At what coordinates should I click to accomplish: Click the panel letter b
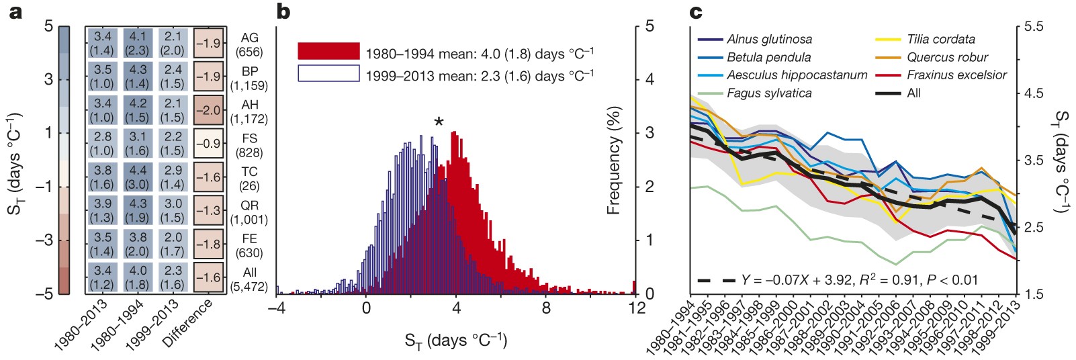[283, 11]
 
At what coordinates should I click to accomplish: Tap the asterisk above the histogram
[439, 122]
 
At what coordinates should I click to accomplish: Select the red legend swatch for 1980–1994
[328, 51]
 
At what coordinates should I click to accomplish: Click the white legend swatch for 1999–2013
[328, 73]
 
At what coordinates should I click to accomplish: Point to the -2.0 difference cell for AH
[208, 109]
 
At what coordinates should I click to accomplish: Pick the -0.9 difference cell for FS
[208, 143]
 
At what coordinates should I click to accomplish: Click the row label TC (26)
[249, 179]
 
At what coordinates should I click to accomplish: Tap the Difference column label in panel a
[189, 323]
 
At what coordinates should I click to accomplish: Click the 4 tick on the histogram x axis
[456, 308]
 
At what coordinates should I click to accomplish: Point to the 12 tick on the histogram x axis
[636, 308]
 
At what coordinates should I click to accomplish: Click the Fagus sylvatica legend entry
[769, 93]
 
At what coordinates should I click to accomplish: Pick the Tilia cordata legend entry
[940, 40]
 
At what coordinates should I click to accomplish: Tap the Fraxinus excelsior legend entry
[956, 75]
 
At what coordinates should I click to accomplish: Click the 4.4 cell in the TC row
[137, 177]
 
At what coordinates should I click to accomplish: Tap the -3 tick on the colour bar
[48, 240]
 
